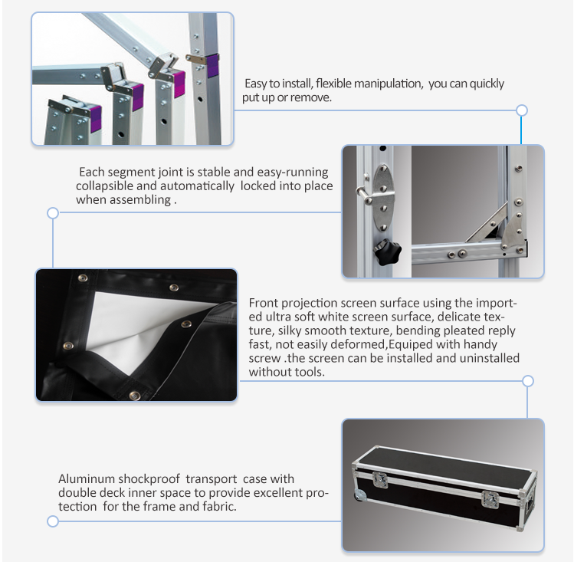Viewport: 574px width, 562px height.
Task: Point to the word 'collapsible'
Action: [103, 186]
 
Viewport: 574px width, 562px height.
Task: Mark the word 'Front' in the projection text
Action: [264, 302]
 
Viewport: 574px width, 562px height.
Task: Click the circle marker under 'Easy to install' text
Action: [522, 110]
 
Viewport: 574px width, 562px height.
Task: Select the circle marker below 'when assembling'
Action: [53, 212]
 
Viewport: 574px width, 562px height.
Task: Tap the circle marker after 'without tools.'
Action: [527, 380]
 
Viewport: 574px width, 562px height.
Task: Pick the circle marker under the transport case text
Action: [53, 521]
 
